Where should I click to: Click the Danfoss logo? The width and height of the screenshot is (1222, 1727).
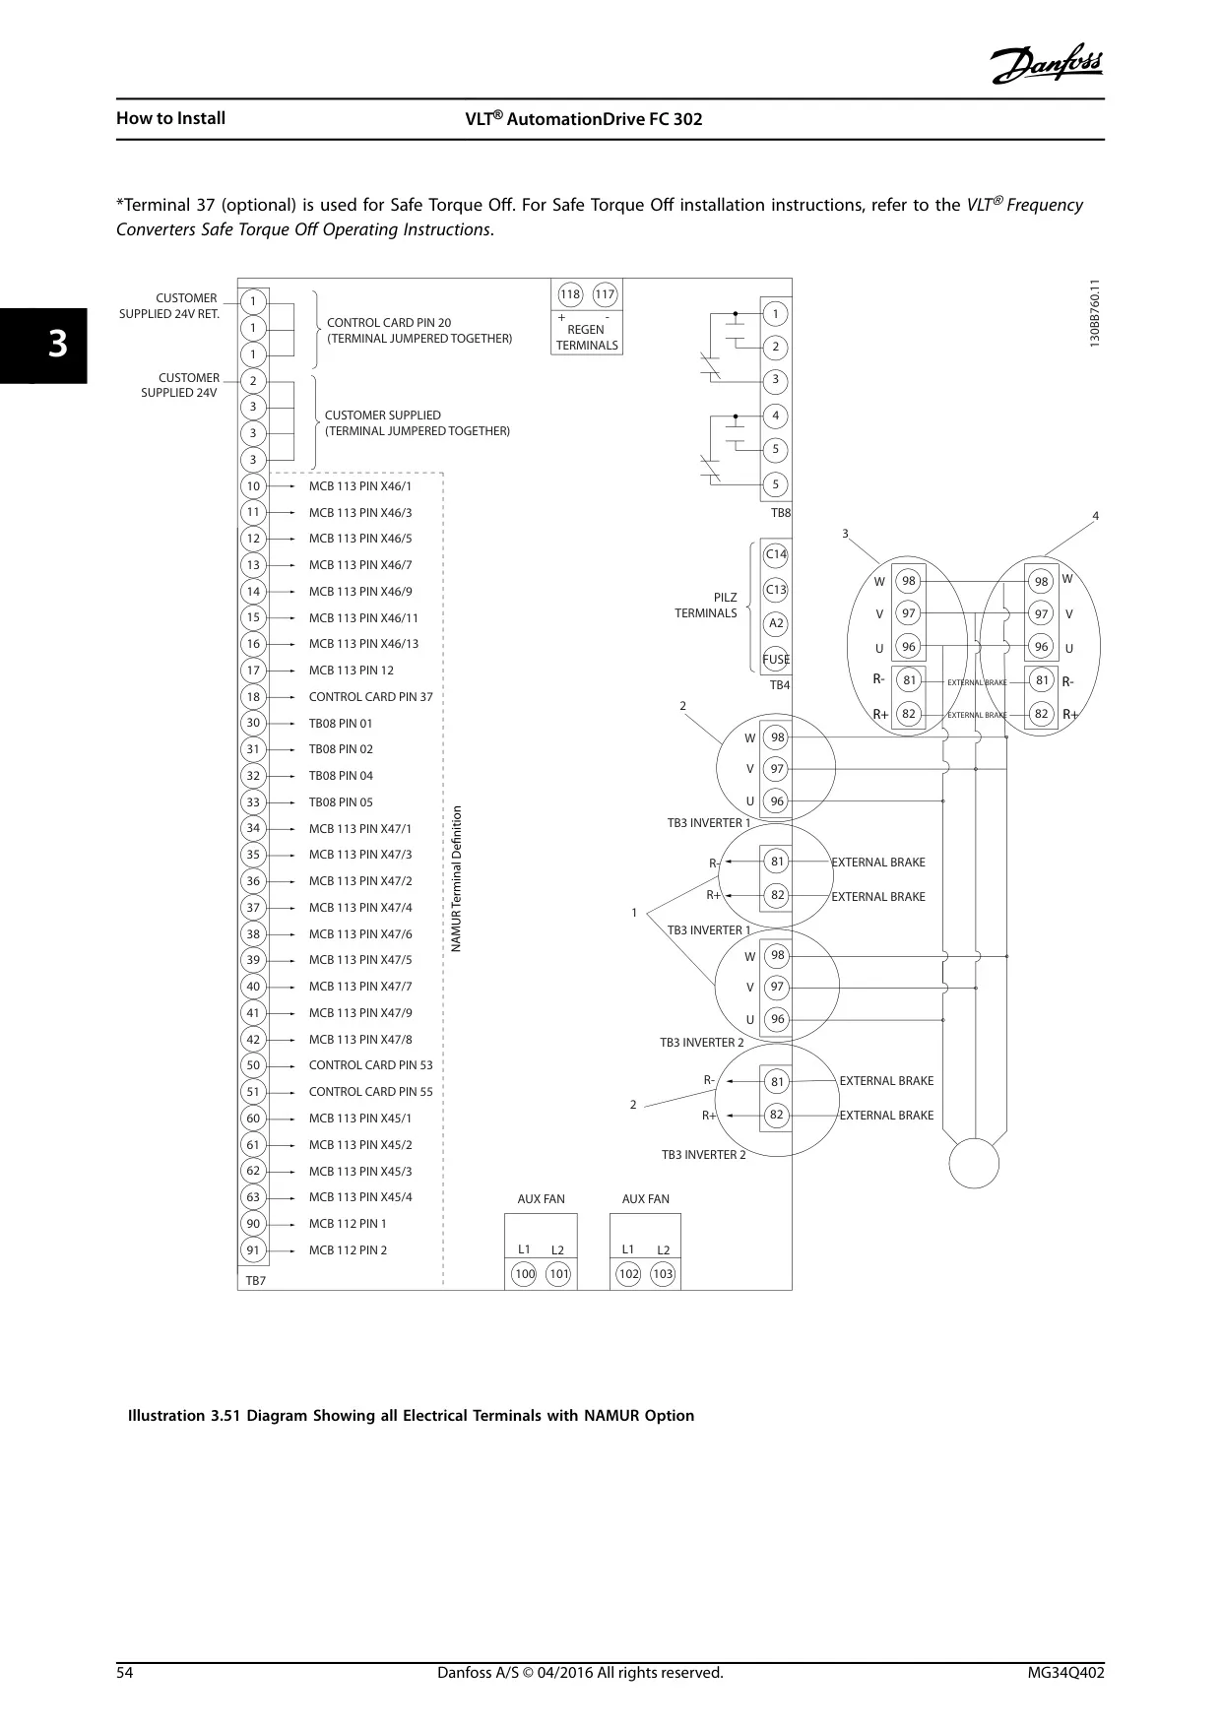click(1048, 65)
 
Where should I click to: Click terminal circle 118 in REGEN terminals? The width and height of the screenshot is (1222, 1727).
click(570, 294)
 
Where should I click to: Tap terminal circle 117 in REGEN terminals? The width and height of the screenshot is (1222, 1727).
click(605, 294)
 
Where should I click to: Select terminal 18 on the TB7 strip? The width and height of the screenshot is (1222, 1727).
click(253, 697)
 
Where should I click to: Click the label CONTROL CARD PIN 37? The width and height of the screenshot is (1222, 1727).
click(370, 697)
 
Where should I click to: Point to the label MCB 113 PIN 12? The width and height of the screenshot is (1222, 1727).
click(351, 671)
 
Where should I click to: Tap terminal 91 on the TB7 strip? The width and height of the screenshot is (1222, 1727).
click(253, 1250)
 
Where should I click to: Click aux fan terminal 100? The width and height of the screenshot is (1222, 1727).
click(525, 1274)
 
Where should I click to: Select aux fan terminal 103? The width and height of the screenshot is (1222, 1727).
click(663, 1274)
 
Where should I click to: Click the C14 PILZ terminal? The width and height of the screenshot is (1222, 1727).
click(776, 554)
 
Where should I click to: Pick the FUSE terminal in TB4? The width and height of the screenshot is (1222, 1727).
click(776, 660)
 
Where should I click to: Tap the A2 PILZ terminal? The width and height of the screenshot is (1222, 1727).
click(776, 623)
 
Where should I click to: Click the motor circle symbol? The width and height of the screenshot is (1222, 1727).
click(974, 1163)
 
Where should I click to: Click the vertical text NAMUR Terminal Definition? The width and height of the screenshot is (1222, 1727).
click(456, 879)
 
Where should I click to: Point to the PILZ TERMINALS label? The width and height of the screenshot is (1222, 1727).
click(706, 606)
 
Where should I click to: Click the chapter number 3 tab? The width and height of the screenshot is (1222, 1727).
click(58, 346)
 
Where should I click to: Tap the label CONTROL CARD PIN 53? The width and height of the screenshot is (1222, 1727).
click(370, 1065)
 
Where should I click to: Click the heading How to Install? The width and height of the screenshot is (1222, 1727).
click(170, 118)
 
